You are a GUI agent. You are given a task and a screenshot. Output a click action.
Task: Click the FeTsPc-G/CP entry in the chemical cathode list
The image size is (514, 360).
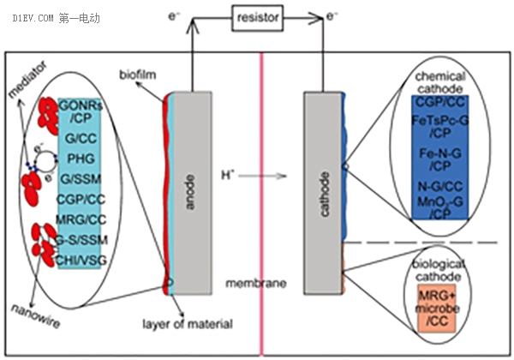point(439,126)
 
